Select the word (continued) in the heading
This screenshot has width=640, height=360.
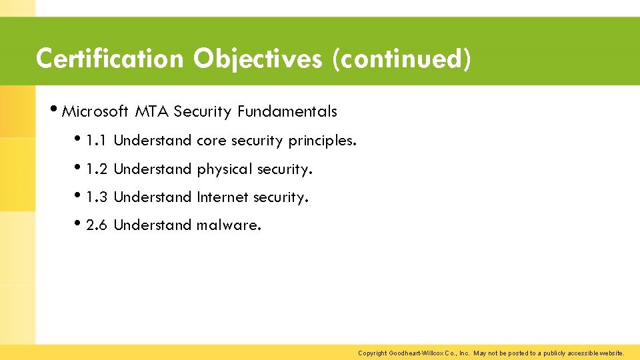tap(402, 59)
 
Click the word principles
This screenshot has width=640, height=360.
tap(322, 141)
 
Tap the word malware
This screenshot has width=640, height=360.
tap(229, 225)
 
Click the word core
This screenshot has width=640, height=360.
tap(211, 141)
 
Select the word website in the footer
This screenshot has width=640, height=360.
tap(610, 353)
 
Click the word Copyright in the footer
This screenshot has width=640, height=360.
tap(372, 353)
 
